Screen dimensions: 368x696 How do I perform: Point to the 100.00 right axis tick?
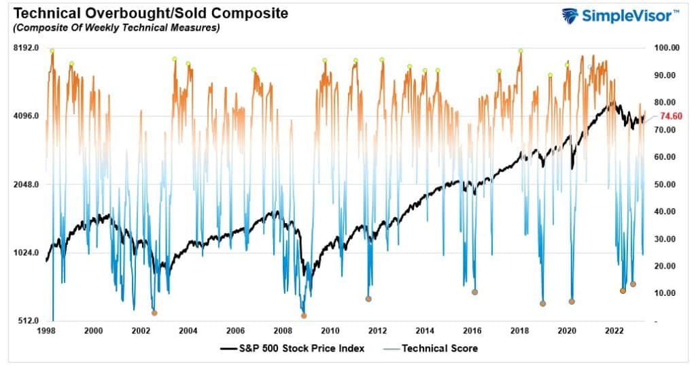click(x=666, y=48)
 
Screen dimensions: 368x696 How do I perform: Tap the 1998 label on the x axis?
click(x=46, y=331)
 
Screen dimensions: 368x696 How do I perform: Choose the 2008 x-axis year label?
click(x=283, y=331)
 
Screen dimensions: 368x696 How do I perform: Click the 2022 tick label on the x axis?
click(x=614, y=331)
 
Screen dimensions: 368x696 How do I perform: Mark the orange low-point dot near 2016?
click(x=474, y=292)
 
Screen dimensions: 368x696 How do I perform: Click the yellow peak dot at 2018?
click(x=521, y=51)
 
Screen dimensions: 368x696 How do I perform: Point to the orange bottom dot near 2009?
click(x=304, y=316)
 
